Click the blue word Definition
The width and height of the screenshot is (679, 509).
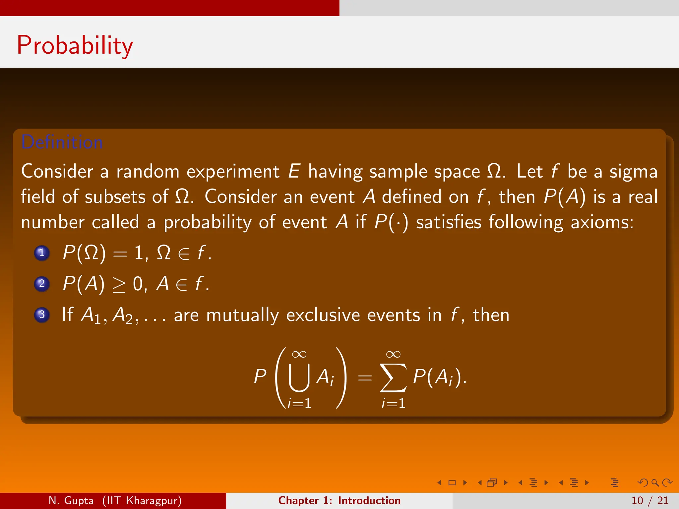pyautogui.click(x=62, y=142)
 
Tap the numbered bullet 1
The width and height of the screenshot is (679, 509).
pyautogui.click(x=42, y=253)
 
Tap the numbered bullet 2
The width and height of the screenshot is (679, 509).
pyautogui.click(x=42, y=284)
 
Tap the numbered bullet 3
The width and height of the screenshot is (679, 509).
pyautogui.click(x=42, y=314)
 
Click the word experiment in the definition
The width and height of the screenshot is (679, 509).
pyautogui.click(x=233, y=172)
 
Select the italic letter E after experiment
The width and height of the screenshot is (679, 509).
pyautogui.click(x=294, y=171)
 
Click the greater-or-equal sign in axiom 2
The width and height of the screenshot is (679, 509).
pyautogui.click(x=119, y=284)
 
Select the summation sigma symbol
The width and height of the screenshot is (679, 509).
pyautogui.click(x=393, y=378)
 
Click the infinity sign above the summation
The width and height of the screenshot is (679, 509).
pyautogui.click(x=393, y=354)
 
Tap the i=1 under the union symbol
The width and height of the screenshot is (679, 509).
pyautogui.click(x=299, y=403)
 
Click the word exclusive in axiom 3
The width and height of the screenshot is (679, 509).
pyautogui.click(x=323, y=315)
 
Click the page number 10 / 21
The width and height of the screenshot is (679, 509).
pyautogui.click(x=650, y=500)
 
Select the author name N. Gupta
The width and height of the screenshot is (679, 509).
pyautogui.click(x=71, y=500)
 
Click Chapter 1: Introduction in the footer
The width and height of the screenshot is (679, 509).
pyautogui.click(x=339, y=500)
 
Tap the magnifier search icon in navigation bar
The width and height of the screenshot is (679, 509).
pyautogui.click(x=655, y=482)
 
